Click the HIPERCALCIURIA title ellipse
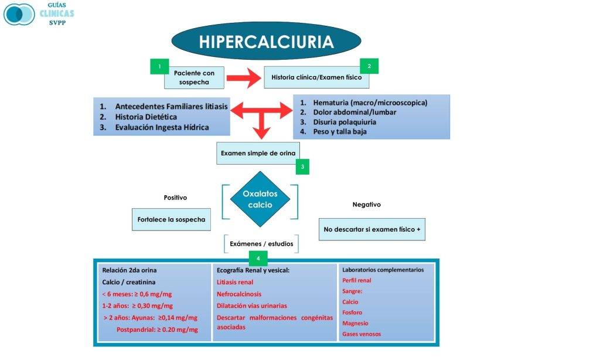point(266,41)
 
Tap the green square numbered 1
point(159,66)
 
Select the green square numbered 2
point(369,66)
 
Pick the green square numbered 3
point(302,167)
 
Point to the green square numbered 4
point(258,258)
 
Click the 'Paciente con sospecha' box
point(194,77)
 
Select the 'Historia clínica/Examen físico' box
point(316,77)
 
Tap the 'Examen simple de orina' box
point(258,154)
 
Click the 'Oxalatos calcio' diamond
point(260,199)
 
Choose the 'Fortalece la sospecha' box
point(171,219)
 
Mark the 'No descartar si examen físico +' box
point(372,229)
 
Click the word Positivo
point(175,198)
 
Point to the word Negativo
point(366,205)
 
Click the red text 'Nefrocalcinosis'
point(239,294)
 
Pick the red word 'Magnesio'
point(355,323)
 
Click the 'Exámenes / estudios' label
point(260,243)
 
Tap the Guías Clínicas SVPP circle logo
point(19,13)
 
